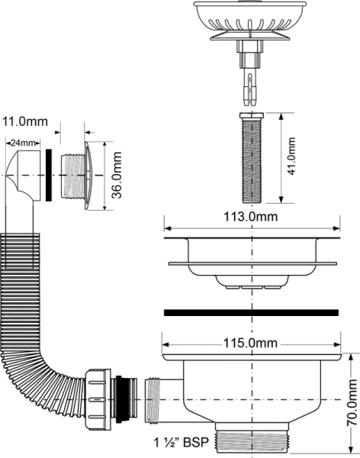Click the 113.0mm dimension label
click(x=251, y=216)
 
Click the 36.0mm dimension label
click(x=117, y=176)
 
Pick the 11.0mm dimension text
click(x=25, y=121)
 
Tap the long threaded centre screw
click(x=250, y=159)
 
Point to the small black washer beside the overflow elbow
click(x=49, y=176)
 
